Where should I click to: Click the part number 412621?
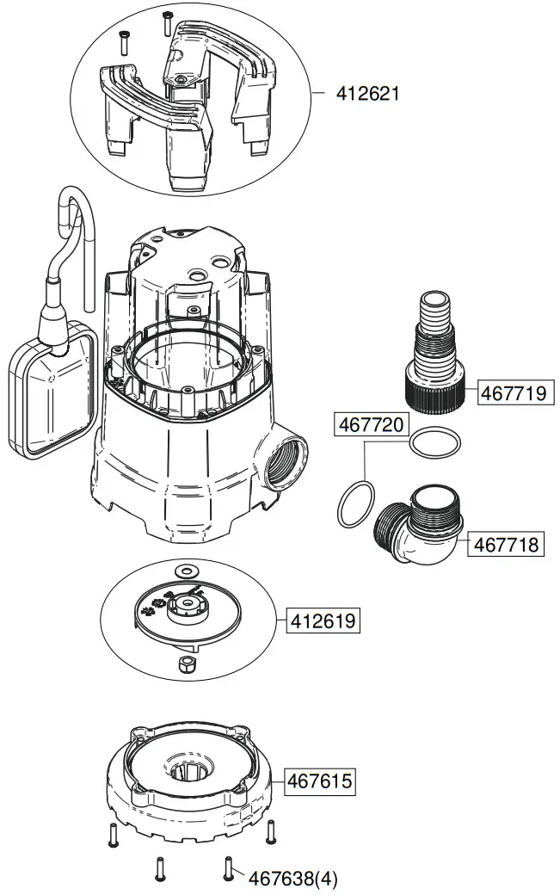tap(367, 94)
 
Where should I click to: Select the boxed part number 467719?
tap(513, 394)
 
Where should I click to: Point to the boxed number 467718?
tap(507, 545)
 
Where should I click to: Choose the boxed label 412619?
tap(324, 620)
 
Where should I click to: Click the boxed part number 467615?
tap(320, 781)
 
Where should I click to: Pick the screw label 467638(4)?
tap(293, 879)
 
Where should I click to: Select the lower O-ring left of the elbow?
tap(355, 505)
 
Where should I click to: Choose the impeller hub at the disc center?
tap(186, 609)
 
